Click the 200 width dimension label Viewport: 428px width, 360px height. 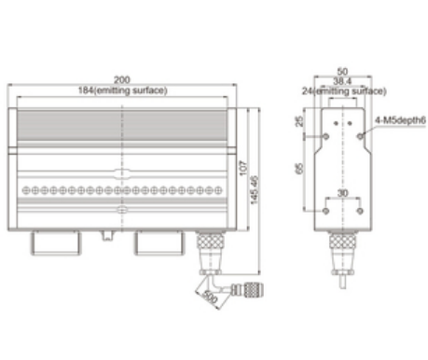point(122,80)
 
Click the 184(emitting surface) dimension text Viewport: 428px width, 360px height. point(123,90)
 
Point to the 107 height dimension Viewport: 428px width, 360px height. point(243,168)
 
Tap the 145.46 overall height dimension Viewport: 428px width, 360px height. point(255,190)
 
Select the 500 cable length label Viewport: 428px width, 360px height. point(210,297)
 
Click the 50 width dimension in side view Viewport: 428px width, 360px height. point(342,72)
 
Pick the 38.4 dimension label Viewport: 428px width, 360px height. point(342,81)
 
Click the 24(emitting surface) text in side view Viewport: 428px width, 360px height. point(344,91)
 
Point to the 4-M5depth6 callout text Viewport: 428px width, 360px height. point(400,120)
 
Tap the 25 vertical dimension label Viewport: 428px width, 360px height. point(299,121)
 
